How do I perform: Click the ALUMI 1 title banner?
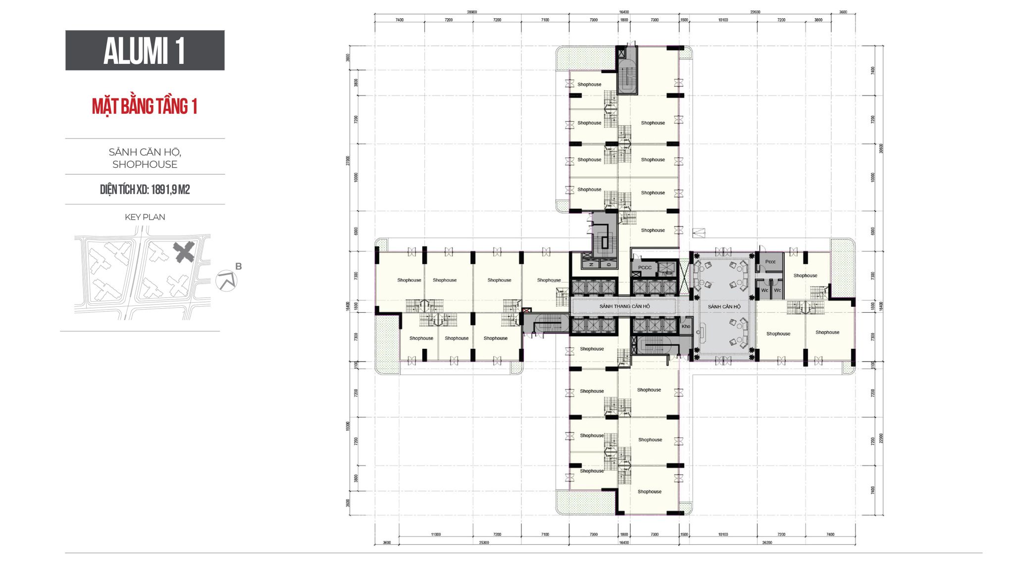[145, 50]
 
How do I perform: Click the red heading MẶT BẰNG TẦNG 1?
[145, 106]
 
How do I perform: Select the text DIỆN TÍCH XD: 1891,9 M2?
[145, 190]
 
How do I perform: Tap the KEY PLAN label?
[145, 217]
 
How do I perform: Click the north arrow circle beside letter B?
[226, 281]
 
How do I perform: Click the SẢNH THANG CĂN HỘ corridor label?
[624, 306]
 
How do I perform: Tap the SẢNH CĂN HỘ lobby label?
[724, 307]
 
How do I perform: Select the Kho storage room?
[686, 326]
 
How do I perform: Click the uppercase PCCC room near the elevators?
[645, 268]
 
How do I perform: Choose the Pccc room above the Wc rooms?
[770, 262]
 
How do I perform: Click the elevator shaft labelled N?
[591, 265]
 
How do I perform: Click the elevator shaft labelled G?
[609, 265]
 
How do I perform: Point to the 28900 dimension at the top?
[472, 12]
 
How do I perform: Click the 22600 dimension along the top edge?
[755, 12]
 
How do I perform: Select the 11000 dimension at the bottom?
[436, 534]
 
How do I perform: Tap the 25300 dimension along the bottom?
[484, 543]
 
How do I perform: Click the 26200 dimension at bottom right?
[767, 543]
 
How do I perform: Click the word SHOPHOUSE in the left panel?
[145, 164]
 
